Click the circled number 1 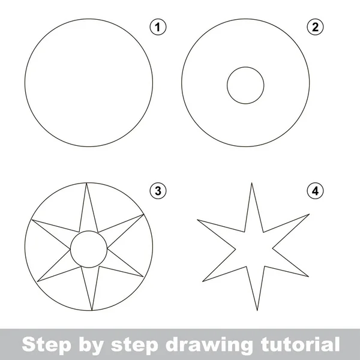point(158,27)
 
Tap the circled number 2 point(315,27)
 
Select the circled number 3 point(158,191)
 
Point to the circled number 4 point(315,191)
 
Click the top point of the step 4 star point(251,183)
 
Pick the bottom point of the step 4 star point(257,310)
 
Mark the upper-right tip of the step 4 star point(309,214)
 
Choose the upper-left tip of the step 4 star point(197,220)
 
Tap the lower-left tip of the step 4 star point(203,281)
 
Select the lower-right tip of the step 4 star point(308,277)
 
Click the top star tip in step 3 point(86,183)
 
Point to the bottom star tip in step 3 point(92,310)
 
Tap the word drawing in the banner point(209,345)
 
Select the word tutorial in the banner point(301,344)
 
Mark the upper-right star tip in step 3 point(143,214)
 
